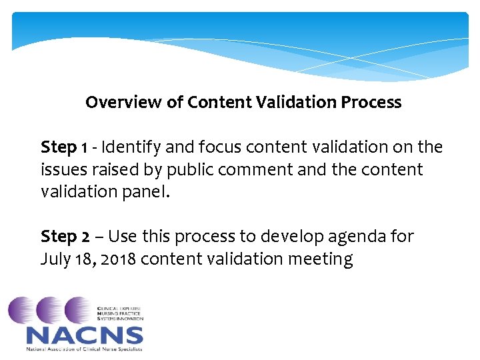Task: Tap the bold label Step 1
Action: click(64, 147)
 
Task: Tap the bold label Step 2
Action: click(65, 237)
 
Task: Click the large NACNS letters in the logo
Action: click(84, 335)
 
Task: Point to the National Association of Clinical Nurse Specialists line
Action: click(84, 349)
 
